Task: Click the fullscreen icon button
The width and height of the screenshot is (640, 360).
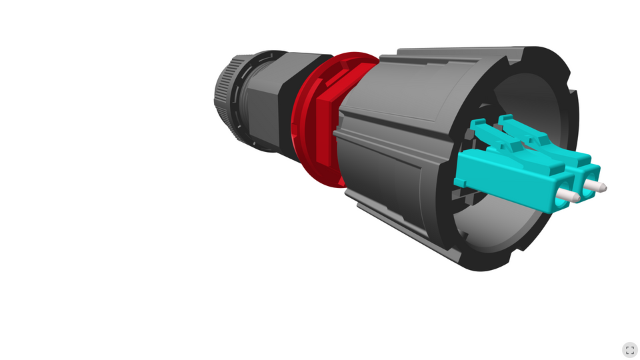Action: pos(629,350)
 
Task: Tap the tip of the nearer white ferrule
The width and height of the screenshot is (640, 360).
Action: pos(576,197)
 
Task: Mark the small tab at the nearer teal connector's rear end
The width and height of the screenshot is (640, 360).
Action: pos(460,181)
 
